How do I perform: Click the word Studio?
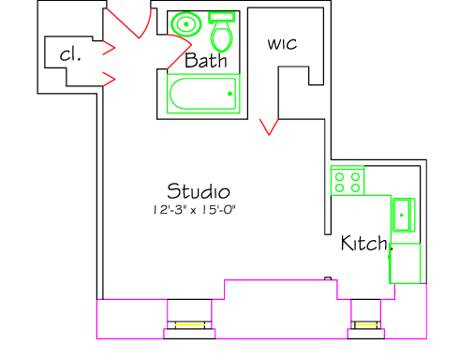(x=199, y=191)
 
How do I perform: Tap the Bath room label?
(x=206, y=60)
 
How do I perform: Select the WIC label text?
(x=282, y=44)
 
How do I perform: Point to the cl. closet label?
(x=70, y=54)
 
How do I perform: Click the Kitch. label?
(x=367, y=243)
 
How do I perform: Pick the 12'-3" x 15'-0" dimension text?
(x=194, y=210)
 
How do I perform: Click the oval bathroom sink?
(x=186, y=24)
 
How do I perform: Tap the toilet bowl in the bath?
(x=222, y=37)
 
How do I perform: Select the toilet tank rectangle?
(x=222, y=17)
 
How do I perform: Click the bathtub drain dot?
(x=230, y=94)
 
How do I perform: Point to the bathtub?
(x=203, y=94)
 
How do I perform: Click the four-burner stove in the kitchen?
(x=348, y=181)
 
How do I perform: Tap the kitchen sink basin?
(x=404, y=215)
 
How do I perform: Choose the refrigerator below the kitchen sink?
(x=405, y=263)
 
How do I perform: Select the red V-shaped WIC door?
(x=269, y=127)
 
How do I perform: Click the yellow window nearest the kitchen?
(x=366, y=325)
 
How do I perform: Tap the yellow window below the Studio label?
(x=189, y=325)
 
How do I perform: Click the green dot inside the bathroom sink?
(x=186, y=24)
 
